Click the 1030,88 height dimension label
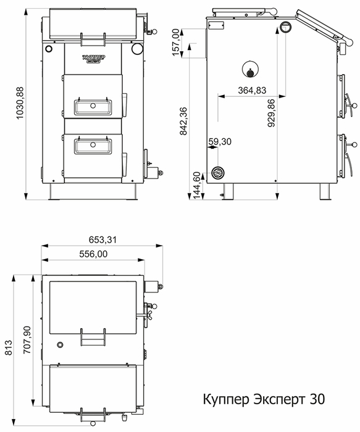[x=20, y=103]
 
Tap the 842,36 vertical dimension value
[x=183, y=121]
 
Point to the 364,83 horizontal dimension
[x=252, y=90]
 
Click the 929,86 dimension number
[x=272, y=113]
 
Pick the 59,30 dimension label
[x=220, y=141]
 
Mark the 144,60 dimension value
[x=197, y=185]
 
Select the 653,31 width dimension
[x=103, y=239]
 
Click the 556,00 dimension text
[x=93, y=254]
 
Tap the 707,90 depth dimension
[x=27, y=340]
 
